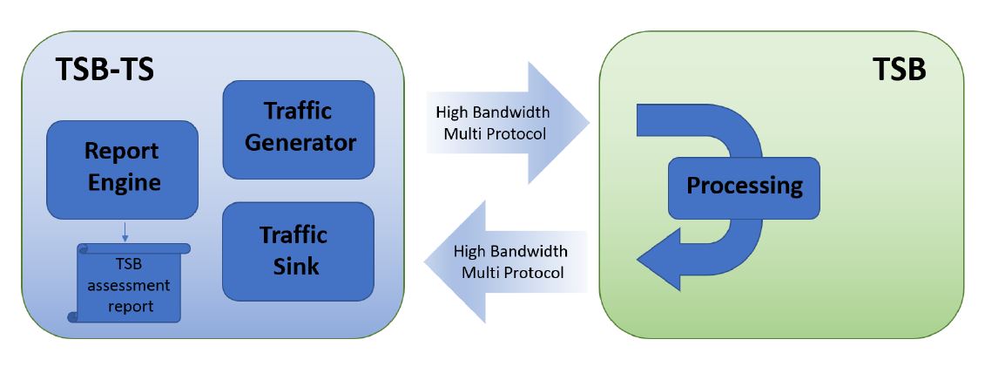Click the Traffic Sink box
[x=298, y=251]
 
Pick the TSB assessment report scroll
[x=130, y=282]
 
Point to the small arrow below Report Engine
[x=125, y=231]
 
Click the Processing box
[x=743, y=187]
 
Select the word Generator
[x=300, y=142]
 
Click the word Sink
[x=293, y=265]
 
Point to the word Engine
[x=123, y=182]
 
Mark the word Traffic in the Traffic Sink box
[x=293, y=234]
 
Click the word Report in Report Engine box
[x=122, y=151]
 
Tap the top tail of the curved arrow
[x=648, y=120]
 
